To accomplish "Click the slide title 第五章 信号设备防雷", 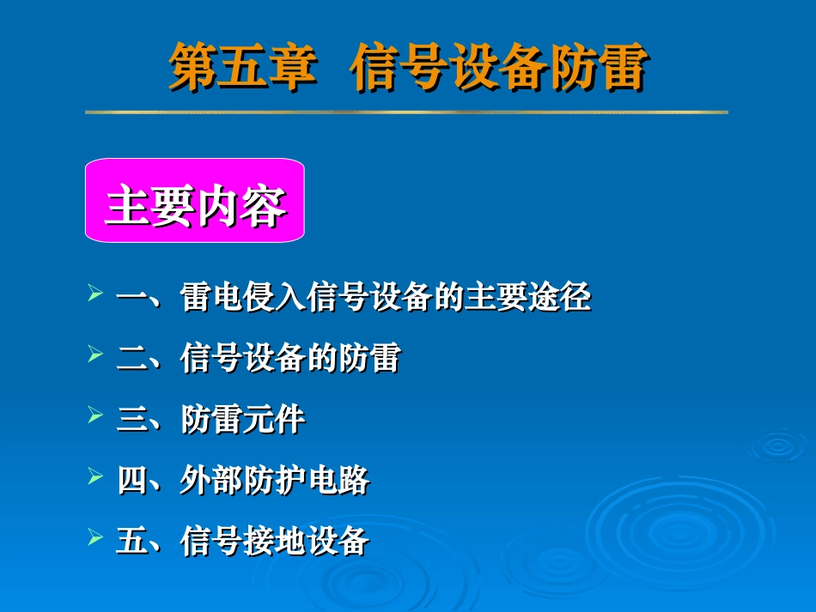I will tap(407, 69).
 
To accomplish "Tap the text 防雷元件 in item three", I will tap(243, 420).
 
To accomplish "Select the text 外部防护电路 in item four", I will tap(275, 481).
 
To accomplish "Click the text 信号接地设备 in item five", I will tap(275, 542).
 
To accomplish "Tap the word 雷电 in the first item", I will tap(212, 298).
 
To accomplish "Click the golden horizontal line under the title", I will tap(406, 112).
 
